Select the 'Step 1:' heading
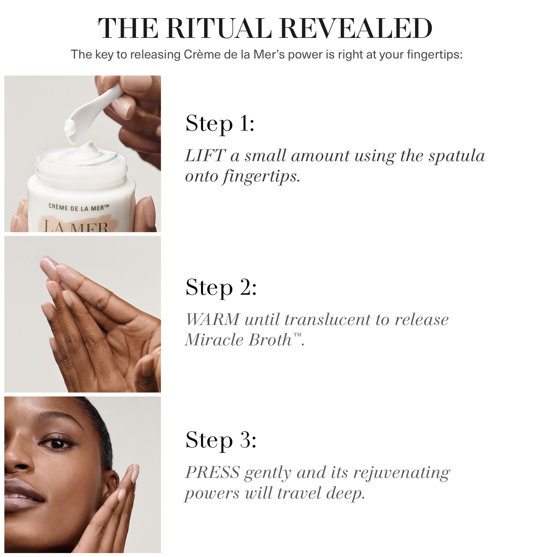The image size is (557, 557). tap(220, 124)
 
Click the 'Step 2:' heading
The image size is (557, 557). tap(221, 287)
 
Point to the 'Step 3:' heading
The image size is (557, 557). tap(221, 440)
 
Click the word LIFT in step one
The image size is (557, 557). tap(205, 156)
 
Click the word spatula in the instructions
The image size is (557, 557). tap(456, 156)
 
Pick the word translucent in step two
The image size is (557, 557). tap(327, 319)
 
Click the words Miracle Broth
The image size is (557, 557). tap(238, 340)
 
